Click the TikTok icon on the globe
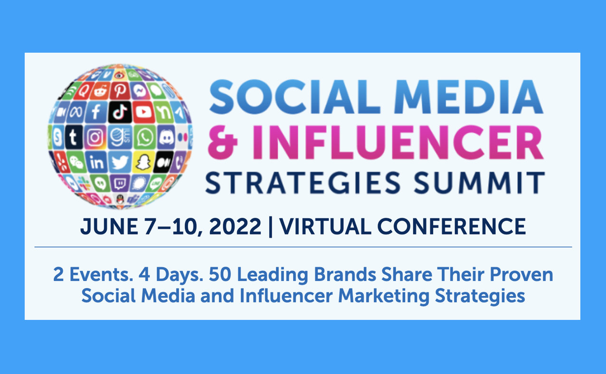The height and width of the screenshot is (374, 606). click(x=120, y=112)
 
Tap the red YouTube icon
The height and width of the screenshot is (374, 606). click(x=143, y=112)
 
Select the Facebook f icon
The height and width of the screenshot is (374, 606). click(x=96, y=112)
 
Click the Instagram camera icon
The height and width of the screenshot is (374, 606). click(x=95, y=137)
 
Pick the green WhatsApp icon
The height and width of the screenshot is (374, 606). click(x=144, y=137)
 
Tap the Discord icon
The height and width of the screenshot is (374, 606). click(x=166, y=137)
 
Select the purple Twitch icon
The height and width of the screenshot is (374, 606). click(x=120, y=184)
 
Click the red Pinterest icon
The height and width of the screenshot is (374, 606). click(x=120, y=90)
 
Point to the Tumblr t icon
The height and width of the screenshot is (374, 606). click(x=73, y=137)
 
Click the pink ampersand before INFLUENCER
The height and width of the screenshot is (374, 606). click(x=223, y=142)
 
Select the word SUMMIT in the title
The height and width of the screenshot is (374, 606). click(x=479, y=183)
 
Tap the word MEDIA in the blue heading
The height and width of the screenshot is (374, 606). click(x=468, y=97)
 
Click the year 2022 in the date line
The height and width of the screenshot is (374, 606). click(x=235, y=226)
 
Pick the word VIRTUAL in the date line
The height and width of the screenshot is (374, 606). click(x=325, y=226)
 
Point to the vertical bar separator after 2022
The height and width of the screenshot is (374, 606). click(x=271, y=227)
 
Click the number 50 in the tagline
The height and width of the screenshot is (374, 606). click(x=220, y=275)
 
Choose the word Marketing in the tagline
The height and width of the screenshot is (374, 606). click(x=384, y=296)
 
